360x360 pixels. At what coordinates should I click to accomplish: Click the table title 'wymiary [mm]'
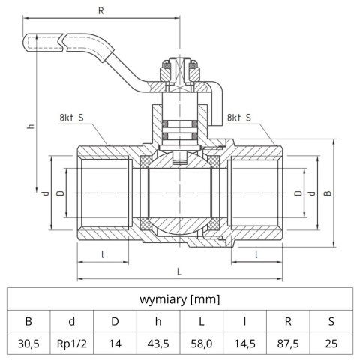[x=179, y=299]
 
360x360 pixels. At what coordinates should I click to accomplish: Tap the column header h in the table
[x=158, y=322]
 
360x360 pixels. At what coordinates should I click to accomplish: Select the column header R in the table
[x=288, y=322]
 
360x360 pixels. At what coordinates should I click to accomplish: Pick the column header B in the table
[x=29, y=322]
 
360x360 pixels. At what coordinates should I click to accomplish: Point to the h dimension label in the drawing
[x=31, y=126]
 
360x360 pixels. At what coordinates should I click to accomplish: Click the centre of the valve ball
[x=180, y=193]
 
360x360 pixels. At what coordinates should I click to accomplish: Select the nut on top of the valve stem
[x=180, y=72]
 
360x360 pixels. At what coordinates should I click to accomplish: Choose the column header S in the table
[x=331, y=322]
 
